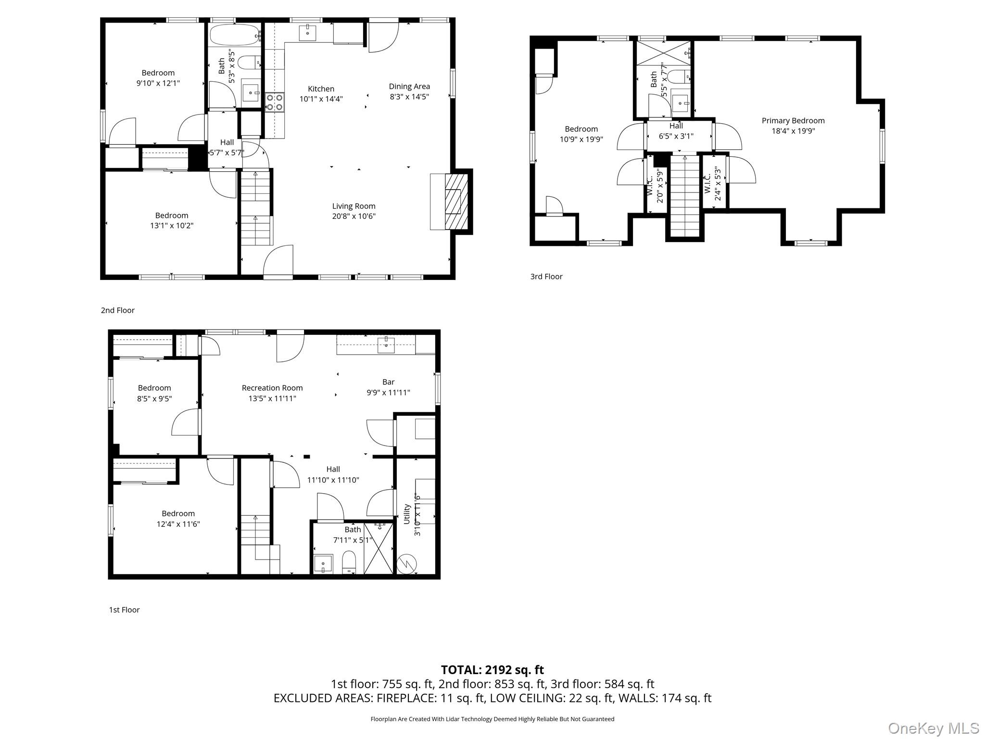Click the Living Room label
[354, 206]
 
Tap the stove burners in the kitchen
[275, 102]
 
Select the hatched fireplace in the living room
[456, 201]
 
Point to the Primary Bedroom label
[793, 121]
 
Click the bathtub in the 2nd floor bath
[235, 35]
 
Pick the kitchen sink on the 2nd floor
[307, 33]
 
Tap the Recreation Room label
[272, 388]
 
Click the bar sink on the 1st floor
[386, 344]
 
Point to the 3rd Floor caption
[546, 277]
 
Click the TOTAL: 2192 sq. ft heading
[492, 670]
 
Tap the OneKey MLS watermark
[933, 728]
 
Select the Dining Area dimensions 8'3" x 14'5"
[409, 97]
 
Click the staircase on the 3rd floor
[685, 197]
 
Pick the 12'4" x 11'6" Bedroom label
[178, 519]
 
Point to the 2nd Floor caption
[117, 310]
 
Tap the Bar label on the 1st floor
[388, 382]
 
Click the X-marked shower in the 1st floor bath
[379, 548]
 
